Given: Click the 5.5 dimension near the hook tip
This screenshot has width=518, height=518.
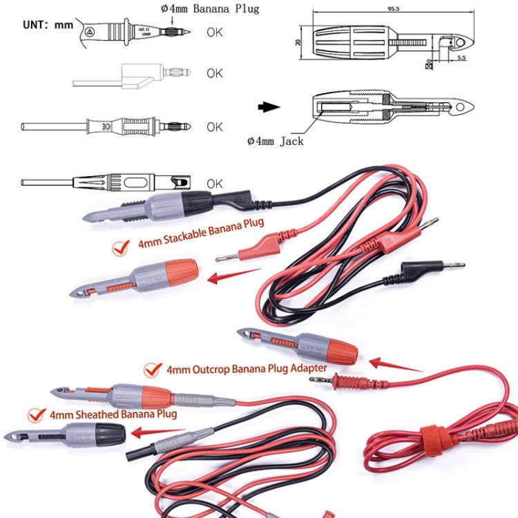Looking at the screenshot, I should (x=461, y=57).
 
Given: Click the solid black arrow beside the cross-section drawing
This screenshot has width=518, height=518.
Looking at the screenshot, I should (x=269, y=107).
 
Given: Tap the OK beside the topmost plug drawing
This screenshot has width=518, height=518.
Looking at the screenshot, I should (x=215, y=32).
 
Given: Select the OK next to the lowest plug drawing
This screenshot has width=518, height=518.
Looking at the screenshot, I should (x=215, y=183).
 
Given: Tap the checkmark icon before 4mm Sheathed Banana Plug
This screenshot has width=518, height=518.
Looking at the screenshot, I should (x=35, y=415).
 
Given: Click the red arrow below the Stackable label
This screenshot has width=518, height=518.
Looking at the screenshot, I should (x=229, y=278).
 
